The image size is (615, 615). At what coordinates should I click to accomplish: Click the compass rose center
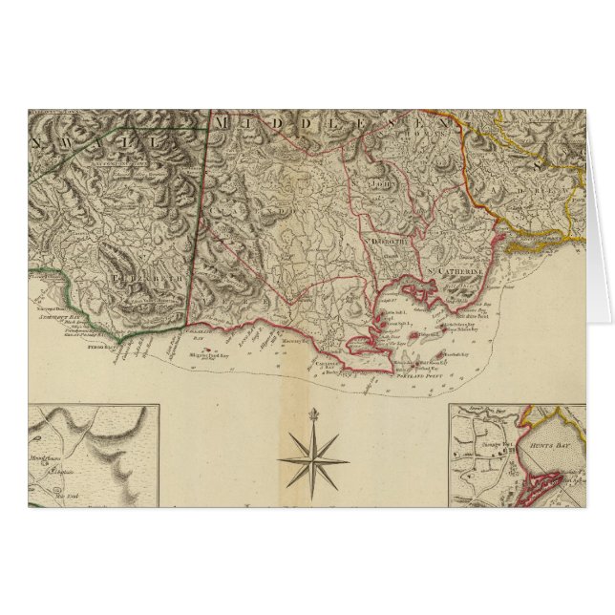tap(313, 458)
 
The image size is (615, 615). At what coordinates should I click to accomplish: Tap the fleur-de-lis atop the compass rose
tap(313, 414)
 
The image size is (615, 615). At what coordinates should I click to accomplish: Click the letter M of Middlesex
tap(223, 123)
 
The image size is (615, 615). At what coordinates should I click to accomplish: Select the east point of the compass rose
tap(350, 458)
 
